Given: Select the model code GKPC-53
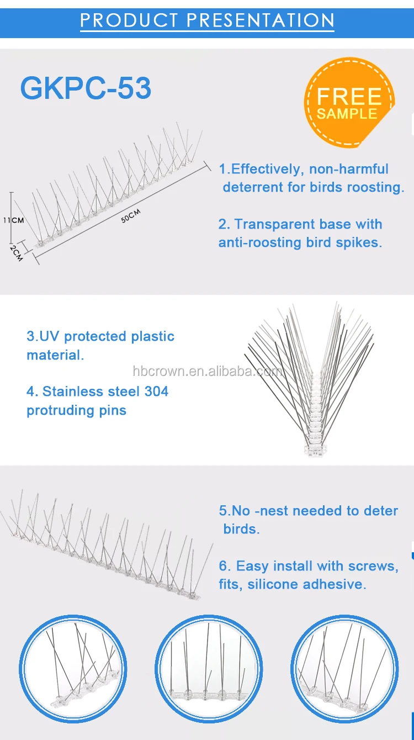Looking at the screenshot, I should tap(86, 88).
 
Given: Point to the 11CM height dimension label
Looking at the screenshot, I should tap(13, 220).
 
